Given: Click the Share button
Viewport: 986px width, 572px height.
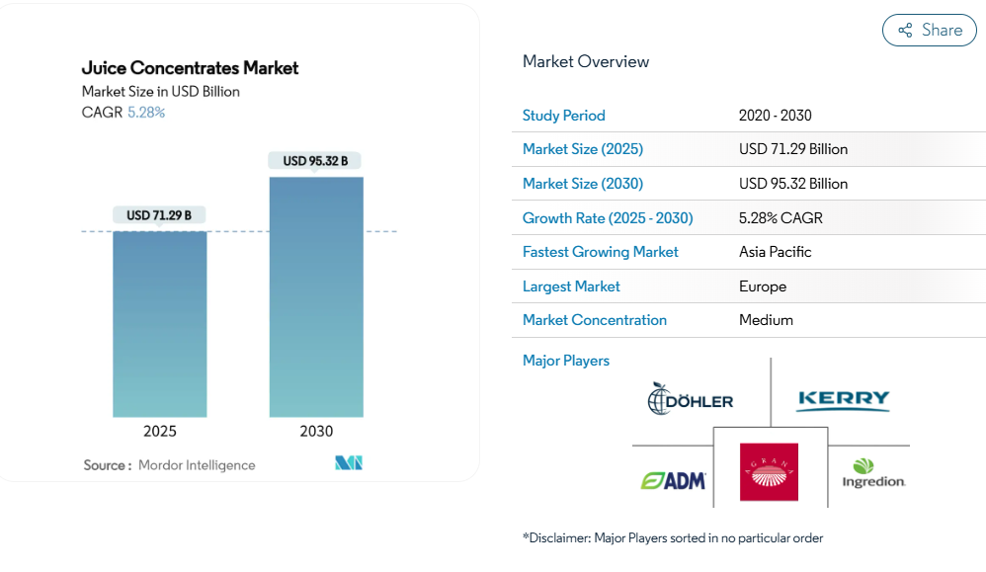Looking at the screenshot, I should point(929,31).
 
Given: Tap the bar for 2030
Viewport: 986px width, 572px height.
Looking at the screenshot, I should point(316,296).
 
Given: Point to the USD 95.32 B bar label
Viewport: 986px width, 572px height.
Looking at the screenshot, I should point(315,160).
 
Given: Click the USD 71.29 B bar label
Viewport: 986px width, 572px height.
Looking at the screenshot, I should point(159,214).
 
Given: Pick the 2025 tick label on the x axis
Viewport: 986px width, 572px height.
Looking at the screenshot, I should point(160,431).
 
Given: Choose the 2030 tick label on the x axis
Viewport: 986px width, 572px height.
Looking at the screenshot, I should point(316,431).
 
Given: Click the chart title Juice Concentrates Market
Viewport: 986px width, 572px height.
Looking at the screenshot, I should point(190,68).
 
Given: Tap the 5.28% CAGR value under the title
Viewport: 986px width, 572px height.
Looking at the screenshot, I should point(146,113).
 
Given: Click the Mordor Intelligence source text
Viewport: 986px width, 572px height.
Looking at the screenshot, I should point(197,465).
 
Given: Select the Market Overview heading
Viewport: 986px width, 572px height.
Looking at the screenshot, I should point(586,61).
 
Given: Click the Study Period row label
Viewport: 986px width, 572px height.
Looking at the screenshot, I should point(564,116).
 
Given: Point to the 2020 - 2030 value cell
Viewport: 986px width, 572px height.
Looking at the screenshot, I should point(775,116).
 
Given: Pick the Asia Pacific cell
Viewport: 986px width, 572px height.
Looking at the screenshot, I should point(775,252).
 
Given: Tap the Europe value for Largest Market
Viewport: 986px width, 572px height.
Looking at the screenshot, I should point(763,286).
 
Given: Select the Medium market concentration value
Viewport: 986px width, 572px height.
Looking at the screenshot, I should point(766,320).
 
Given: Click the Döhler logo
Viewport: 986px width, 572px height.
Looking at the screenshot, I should point(691,399).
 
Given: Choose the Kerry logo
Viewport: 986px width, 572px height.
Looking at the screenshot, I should point(843,399).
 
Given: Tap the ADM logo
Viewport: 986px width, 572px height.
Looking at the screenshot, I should point(674,480).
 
